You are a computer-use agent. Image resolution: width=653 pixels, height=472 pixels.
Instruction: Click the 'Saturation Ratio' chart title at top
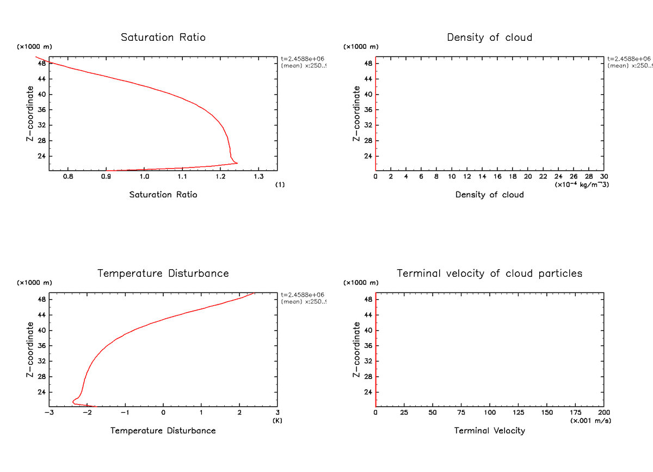(163, 38)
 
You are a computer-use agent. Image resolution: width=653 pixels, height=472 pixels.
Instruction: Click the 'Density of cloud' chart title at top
(489, 38)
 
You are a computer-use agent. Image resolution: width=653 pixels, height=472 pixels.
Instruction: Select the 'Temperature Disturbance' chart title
(163, 274)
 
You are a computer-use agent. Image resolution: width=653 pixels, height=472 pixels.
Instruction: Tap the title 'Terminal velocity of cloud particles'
(489, 274)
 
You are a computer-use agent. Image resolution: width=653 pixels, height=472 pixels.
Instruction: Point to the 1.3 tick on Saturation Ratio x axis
(258, 177)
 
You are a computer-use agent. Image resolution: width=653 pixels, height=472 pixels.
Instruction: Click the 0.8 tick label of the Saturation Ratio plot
(67, 177)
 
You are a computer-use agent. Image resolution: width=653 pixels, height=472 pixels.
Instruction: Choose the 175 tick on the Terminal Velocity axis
(575, 413)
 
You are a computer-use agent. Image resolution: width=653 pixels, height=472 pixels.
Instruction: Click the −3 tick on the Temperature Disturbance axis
(49, 413)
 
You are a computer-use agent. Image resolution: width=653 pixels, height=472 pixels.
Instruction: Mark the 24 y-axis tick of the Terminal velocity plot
(367, 392)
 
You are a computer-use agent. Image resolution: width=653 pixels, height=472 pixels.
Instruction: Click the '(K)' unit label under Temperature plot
(278, 420)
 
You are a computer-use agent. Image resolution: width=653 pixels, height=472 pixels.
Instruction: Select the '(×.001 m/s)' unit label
(590, 420)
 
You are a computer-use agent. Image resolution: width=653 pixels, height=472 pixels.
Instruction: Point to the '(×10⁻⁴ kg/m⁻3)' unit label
(582, 185)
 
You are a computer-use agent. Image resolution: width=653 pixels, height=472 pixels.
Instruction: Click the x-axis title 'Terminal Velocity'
(489, 431)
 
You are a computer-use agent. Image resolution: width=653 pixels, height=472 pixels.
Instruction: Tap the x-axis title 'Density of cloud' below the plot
(489, 195)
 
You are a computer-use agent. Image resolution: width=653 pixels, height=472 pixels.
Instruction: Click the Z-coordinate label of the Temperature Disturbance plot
(30, 349)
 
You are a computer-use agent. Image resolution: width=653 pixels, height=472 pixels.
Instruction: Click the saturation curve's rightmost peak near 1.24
(237, 163)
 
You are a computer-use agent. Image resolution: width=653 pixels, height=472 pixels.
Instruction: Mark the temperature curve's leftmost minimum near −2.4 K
(73, 402)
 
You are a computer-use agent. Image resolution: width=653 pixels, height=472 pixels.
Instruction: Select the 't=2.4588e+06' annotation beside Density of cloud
(629, 59)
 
